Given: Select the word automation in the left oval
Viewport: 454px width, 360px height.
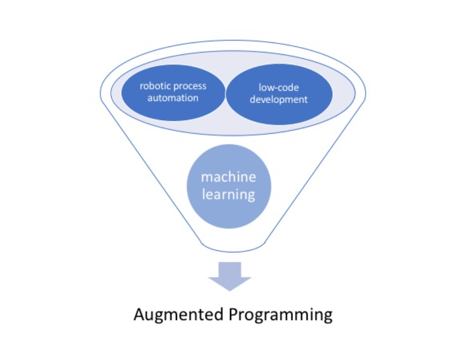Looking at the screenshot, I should (173, 98).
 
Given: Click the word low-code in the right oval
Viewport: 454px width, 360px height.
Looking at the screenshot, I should (278, 88).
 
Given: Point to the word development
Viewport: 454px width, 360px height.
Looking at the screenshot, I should (278, 99).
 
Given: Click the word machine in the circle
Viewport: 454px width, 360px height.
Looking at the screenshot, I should (228, 178).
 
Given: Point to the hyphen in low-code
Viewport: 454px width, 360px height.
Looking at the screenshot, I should (276, 89).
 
